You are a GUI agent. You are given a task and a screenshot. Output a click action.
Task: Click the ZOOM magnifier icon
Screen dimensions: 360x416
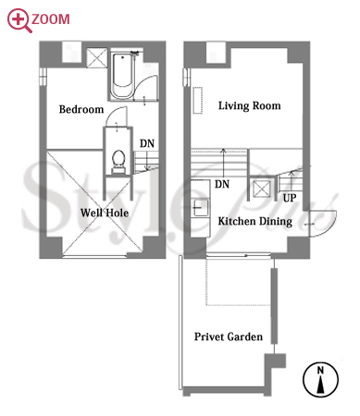pos(19,19)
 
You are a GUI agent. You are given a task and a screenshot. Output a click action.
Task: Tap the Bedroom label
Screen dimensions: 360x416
pos(81,109)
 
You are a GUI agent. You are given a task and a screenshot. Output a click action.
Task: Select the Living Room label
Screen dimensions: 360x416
pos(249,105)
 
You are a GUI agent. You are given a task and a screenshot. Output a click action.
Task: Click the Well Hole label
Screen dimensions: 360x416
pos(105,213)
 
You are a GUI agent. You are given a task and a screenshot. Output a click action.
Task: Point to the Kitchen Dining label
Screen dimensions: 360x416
pos(255,221)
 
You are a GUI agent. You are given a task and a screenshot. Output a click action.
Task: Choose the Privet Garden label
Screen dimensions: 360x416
pos(229,336)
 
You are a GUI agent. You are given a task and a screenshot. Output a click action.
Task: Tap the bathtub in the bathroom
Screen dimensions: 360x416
pos(122,76)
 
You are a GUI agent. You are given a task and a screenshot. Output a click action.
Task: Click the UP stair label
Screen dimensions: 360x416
pos(290,198)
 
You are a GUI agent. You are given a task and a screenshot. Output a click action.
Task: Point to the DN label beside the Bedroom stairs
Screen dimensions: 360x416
pos(147,143)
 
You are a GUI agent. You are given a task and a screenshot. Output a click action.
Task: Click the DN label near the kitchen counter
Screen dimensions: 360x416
pos(222,184)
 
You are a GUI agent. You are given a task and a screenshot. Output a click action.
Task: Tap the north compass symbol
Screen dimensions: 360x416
pos(320,379)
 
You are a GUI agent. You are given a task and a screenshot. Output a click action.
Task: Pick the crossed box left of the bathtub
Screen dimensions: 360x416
pos(96,57)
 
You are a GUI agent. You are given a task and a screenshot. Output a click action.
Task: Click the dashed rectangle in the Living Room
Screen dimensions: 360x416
pos(198,101)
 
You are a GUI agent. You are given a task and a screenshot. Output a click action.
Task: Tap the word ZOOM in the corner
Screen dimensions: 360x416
pos(51,19)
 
